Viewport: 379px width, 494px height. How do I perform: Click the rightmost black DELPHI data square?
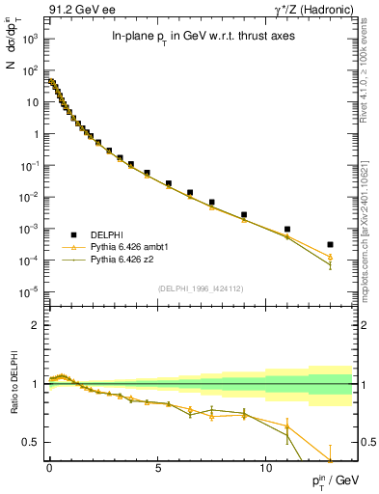331,244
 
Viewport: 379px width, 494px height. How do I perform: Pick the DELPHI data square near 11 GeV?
287,230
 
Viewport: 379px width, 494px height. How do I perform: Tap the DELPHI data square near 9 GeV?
244,214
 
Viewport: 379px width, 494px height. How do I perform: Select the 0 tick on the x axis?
49,470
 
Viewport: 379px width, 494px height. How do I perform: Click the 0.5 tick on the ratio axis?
34,443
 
